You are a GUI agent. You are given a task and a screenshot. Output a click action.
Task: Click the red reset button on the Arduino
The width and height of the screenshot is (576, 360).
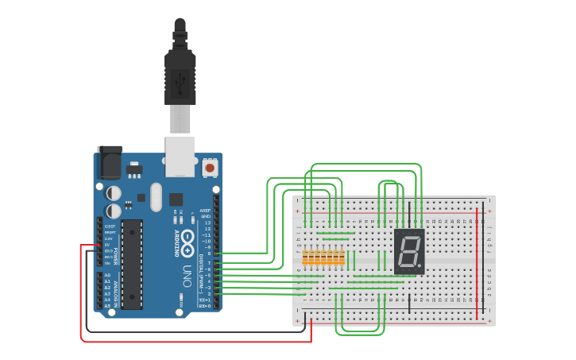click(210, 168)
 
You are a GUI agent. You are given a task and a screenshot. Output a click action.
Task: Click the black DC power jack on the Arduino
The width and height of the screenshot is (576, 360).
click(109, 161)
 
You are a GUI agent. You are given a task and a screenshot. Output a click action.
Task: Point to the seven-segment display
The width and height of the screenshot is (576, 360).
click(409, 252)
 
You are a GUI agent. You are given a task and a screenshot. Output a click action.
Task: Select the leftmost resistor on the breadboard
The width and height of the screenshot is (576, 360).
click(306, 257)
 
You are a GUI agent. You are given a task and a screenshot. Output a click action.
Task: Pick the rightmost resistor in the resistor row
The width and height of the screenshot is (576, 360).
click(342, 257)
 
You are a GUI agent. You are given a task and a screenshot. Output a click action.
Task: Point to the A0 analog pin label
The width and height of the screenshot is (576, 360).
click(107, 275)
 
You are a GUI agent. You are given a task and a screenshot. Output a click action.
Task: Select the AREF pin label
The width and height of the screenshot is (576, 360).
click(205, 211)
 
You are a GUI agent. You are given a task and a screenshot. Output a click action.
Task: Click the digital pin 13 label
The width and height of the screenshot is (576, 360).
click(207, 223)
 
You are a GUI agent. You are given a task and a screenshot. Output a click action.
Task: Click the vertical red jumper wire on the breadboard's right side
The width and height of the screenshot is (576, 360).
click(477, 262)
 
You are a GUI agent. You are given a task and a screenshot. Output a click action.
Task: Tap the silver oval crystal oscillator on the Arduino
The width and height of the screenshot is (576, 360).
click(156, 196)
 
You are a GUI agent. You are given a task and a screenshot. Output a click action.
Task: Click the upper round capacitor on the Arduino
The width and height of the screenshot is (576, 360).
click(114, 193)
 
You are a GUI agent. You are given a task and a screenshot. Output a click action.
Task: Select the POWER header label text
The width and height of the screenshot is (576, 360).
click(115, 256)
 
